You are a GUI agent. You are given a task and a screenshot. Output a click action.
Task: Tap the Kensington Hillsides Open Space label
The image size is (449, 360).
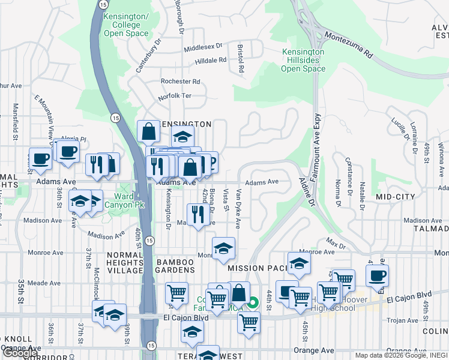click(303, 61)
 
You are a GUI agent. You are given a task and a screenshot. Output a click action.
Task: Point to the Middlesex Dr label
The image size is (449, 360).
click(203, 46)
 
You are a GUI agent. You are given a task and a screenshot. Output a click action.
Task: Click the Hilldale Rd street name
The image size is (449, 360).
click(210, 60)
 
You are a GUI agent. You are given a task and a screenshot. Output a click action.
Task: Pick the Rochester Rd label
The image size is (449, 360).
click(179, 82)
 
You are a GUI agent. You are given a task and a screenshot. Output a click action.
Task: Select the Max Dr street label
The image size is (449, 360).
click(336, 244)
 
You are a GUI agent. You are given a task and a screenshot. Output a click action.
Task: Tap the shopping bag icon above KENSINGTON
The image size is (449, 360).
click(148, 131)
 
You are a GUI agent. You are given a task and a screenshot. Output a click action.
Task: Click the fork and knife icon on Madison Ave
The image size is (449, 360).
click(196, 214)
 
